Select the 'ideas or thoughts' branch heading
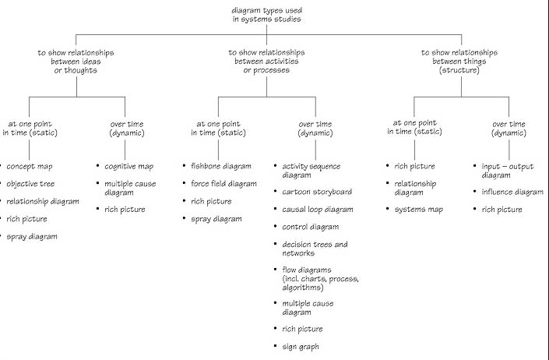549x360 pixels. pos(75,62)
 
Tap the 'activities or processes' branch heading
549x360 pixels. pos(266,62)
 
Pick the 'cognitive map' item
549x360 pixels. pos(129,166)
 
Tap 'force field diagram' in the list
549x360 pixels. pos(223,184)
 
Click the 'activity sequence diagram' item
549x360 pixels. pos(311,171)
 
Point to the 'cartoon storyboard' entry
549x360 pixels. pos(317,192)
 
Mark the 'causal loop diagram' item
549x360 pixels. pos(318,210)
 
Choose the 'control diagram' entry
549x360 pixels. pos(310,227)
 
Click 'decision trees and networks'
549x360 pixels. pos(315,249)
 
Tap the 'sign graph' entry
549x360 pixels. pos(301,346)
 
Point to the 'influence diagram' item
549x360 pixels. pos(512,192)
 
